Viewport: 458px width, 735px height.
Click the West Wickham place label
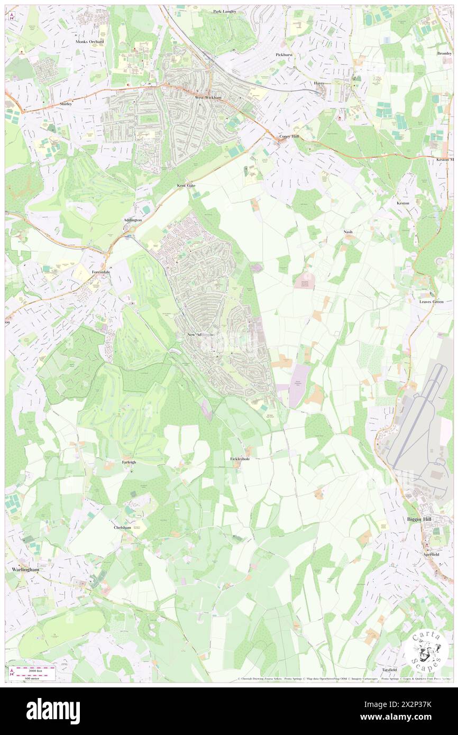click(206, 97)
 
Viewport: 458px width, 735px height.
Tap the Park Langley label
click(224, 11)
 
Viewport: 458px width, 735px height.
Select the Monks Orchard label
click(89, 41)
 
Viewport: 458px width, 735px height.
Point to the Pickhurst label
click(284, 54)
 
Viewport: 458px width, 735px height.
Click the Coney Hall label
click(289, 136)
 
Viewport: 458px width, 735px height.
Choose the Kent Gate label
click(186, 186)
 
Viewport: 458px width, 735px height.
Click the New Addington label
click(201, 335)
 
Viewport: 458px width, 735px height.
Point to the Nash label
click(347, 232)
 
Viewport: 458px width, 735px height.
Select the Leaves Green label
click(431, 301)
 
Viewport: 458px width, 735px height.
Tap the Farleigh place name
click(129, 462)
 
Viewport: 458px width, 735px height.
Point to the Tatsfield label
click(389, 669)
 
